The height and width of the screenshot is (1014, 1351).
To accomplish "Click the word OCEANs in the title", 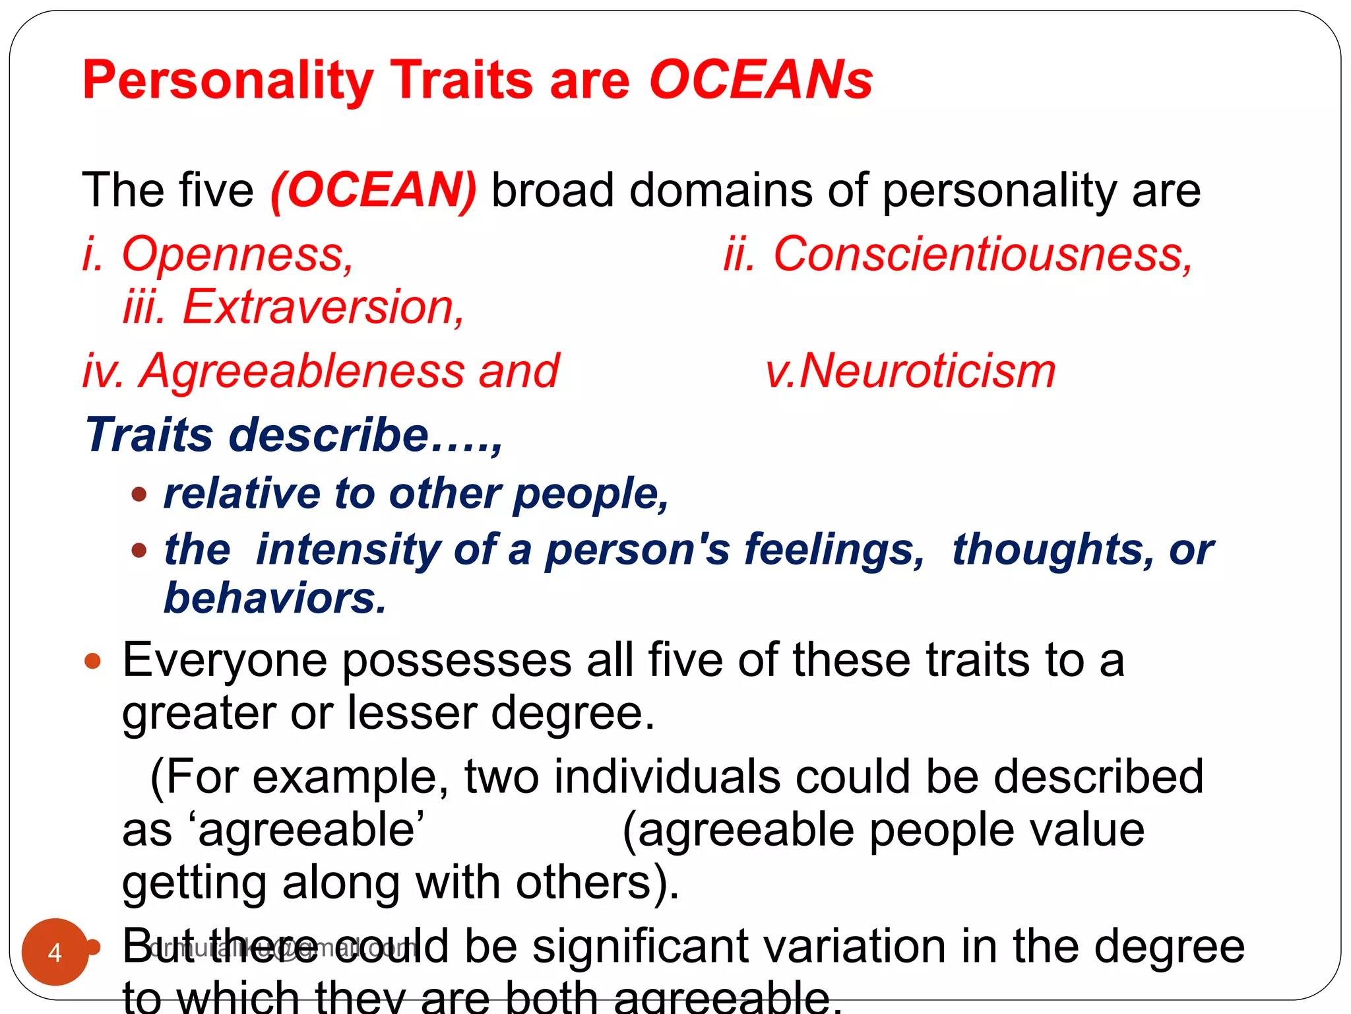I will click(x=761, y=81).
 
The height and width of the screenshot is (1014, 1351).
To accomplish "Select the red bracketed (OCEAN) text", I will click(x=373, y=190).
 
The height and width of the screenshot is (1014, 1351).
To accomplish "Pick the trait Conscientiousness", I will click(x=983, y=254).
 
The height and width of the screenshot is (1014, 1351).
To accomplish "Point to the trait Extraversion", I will click(x=323, y=307).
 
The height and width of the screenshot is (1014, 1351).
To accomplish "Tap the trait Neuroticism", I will click(x=927, y=370).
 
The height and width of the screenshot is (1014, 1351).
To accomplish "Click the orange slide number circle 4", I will click(x=55, y=951).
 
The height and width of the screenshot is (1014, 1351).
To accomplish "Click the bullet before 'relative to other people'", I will click(x=139, y=494).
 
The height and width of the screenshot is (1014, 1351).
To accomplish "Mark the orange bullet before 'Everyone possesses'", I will click(x=93, y=661).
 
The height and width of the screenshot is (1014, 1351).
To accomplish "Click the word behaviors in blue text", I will click(x=274, y=598).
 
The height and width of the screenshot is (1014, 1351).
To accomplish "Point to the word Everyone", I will click(x=224, y=660).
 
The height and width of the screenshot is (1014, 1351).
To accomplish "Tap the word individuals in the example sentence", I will click(x=666, y=777).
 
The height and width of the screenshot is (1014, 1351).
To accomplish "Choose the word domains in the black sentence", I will click(x=720, y=190).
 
